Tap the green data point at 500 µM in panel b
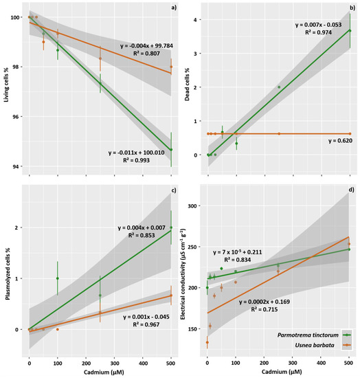(350, 31)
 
